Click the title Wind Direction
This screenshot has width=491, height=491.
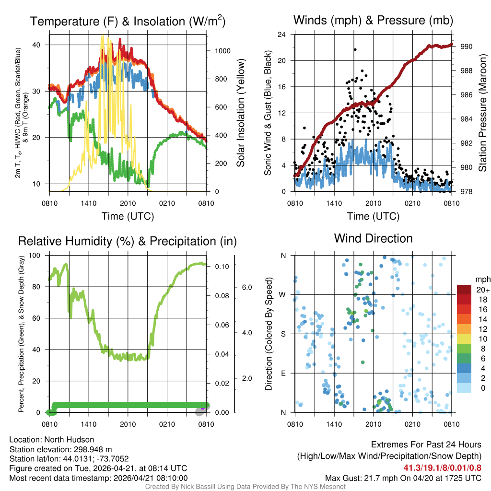coord(373,238)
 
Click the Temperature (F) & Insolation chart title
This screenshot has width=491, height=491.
coord(128,22)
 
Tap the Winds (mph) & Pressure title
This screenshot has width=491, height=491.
coord(373,20)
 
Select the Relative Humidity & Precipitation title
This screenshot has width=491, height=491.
coord(128,241)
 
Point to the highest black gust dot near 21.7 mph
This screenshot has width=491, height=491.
coord(355,49)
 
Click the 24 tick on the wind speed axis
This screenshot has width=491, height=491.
coord(282,35)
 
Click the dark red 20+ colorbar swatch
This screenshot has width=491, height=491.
coord(464,290)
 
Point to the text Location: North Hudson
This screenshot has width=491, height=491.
coord(52,440)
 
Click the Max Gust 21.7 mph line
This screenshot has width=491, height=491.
coord(403,478)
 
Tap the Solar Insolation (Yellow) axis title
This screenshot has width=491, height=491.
coord(241,113)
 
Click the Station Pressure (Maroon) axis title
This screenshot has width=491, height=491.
coord(483,113)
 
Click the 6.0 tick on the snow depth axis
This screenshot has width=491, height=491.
coord(246,287)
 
